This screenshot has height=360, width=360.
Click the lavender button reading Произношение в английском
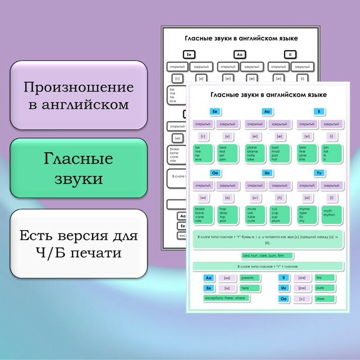coord(78,95)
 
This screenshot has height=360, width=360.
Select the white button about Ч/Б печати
coord(78,244)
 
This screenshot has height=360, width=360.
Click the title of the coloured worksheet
coord(268,95)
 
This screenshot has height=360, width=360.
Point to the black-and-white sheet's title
coord(241,39)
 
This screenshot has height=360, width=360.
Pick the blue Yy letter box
coord(319,173)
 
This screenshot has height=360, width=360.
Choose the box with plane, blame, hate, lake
coord(255,153)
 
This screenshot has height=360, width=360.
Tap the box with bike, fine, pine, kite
coord(307,153)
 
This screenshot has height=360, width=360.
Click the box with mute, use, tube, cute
coord(255,215)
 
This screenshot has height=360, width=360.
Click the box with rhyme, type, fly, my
coord(307,215)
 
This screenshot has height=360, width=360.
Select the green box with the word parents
coord(250,278)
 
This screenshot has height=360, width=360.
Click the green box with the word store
coord(325,299)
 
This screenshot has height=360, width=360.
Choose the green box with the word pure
coord(325,288)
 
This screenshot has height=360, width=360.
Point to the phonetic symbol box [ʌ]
coord(280,198)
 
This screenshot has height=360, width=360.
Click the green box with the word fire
coord(325,278)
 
